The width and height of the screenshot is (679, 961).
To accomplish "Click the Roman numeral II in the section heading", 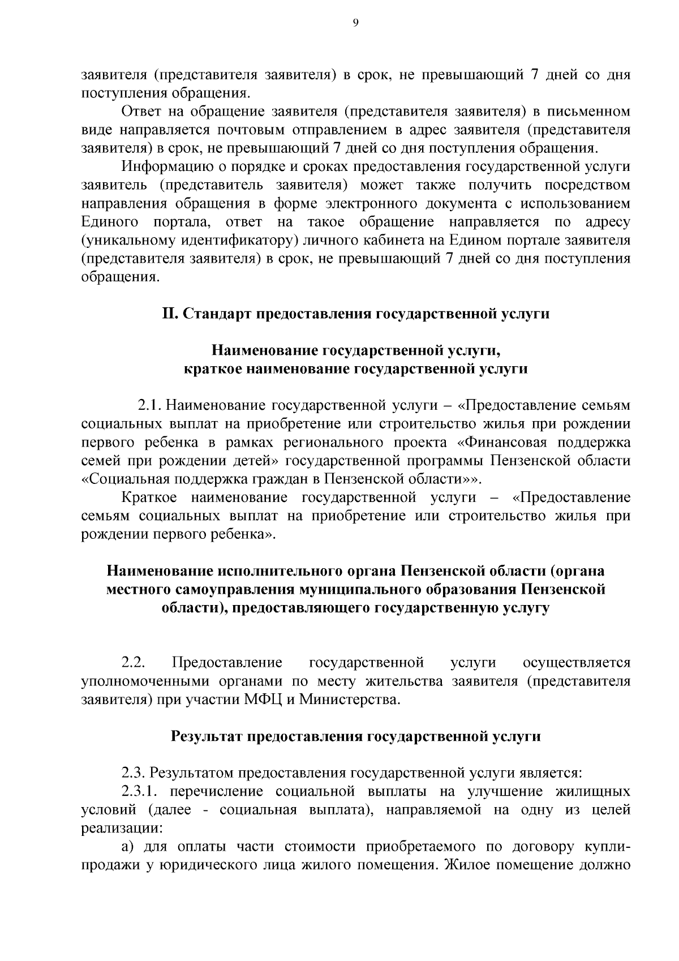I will click(x=170, y=314).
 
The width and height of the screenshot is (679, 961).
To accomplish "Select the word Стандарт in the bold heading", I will click(x=218, y=314).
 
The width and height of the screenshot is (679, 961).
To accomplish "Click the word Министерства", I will click(x=350, y=699).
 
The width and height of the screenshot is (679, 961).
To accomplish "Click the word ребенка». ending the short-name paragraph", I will click(x=245, y=534).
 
